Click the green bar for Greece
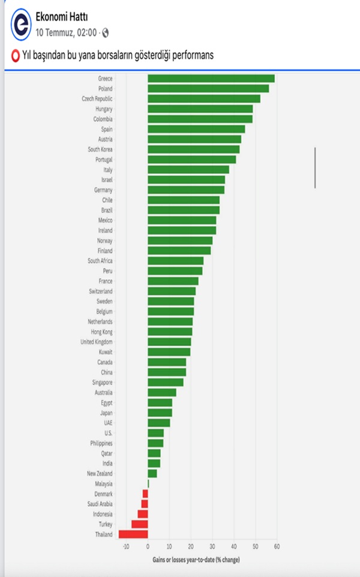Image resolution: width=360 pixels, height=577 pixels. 211,79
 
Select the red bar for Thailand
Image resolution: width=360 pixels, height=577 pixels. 133,534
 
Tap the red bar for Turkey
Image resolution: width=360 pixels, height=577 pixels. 140,524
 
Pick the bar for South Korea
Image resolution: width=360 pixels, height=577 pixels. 193,149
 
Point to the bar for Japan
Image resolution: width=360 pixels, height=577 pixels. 160,413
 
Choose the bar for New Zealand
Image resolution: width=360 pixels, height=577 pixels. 152,473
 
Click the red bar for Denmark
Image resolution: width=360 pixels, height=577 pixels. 145,494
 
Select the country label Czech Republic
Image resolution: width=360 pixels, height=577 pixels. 97,98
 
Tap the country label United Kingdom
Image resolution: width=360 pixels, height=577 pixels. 96,341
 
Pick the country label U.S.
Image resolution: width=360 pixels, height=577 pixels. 108,432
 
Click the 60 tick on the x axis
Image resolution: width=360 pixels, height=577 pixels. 277,546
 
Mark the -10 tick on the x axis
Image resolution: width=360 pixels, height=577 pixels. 125,546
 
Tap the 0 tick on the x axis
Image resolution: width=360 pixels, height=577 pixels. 148,546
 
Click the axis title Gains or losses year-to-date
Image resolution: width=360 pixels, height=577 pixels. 196,560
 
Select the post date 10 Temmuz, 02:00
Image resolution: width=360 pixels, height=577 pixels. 66,32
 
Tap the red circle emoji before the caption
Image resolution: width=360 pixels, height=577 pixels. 16,55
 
